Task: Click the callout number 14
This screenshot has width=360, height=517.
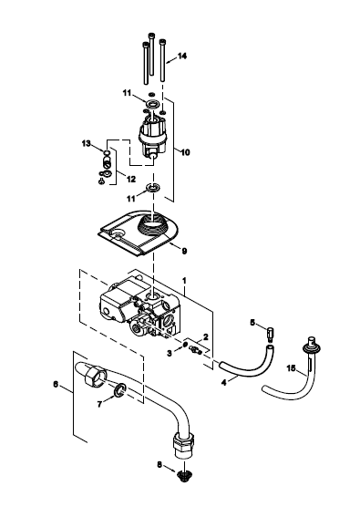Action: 182,56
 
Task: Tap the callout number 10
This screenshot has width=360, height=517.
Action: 186,152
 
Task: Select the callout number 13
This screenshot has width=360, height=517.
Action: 86,144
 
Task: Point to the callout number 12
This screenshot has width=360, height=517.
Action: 131,179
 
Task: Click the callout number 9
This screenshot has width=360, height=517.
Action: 184,252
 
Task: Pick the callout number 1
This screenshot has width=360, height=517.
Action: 184,281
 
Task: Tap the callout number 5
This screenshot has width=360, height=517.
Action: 252,322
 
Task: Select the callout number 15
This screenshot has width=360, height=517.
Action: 291,368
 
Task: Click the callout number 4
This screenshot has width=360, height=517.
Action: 224,383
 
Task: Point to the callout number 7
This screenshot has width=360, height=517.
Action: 100,404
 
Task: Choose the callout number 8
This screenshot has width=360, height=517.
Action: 159,465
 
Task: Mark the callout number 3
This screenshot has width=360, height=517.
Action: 170,354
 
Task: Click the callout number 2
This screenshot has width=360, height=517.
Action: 206,337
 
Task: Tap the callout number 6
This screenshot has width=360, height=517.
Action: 56,384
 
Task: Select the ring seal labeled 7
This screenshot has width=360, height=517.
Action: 119,389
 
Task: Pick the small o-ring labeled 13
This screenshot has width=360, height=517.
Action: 106,152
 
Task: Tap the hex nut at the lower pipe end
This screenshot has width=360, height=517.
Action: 183,441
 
